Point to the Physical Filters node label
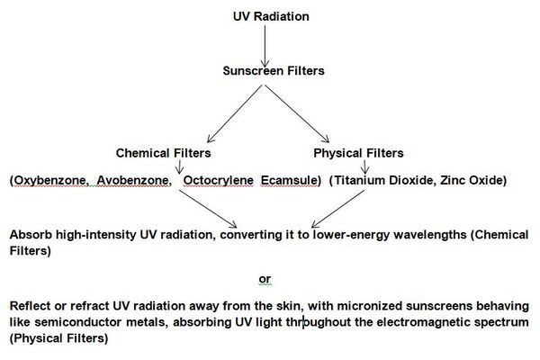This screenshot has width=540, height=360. click(x=358, y=152)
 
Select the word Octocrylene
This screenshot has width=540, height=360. click(x=217, y=180)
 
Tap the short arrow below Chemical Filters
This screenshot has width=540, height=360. click(x=181, y=166)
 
